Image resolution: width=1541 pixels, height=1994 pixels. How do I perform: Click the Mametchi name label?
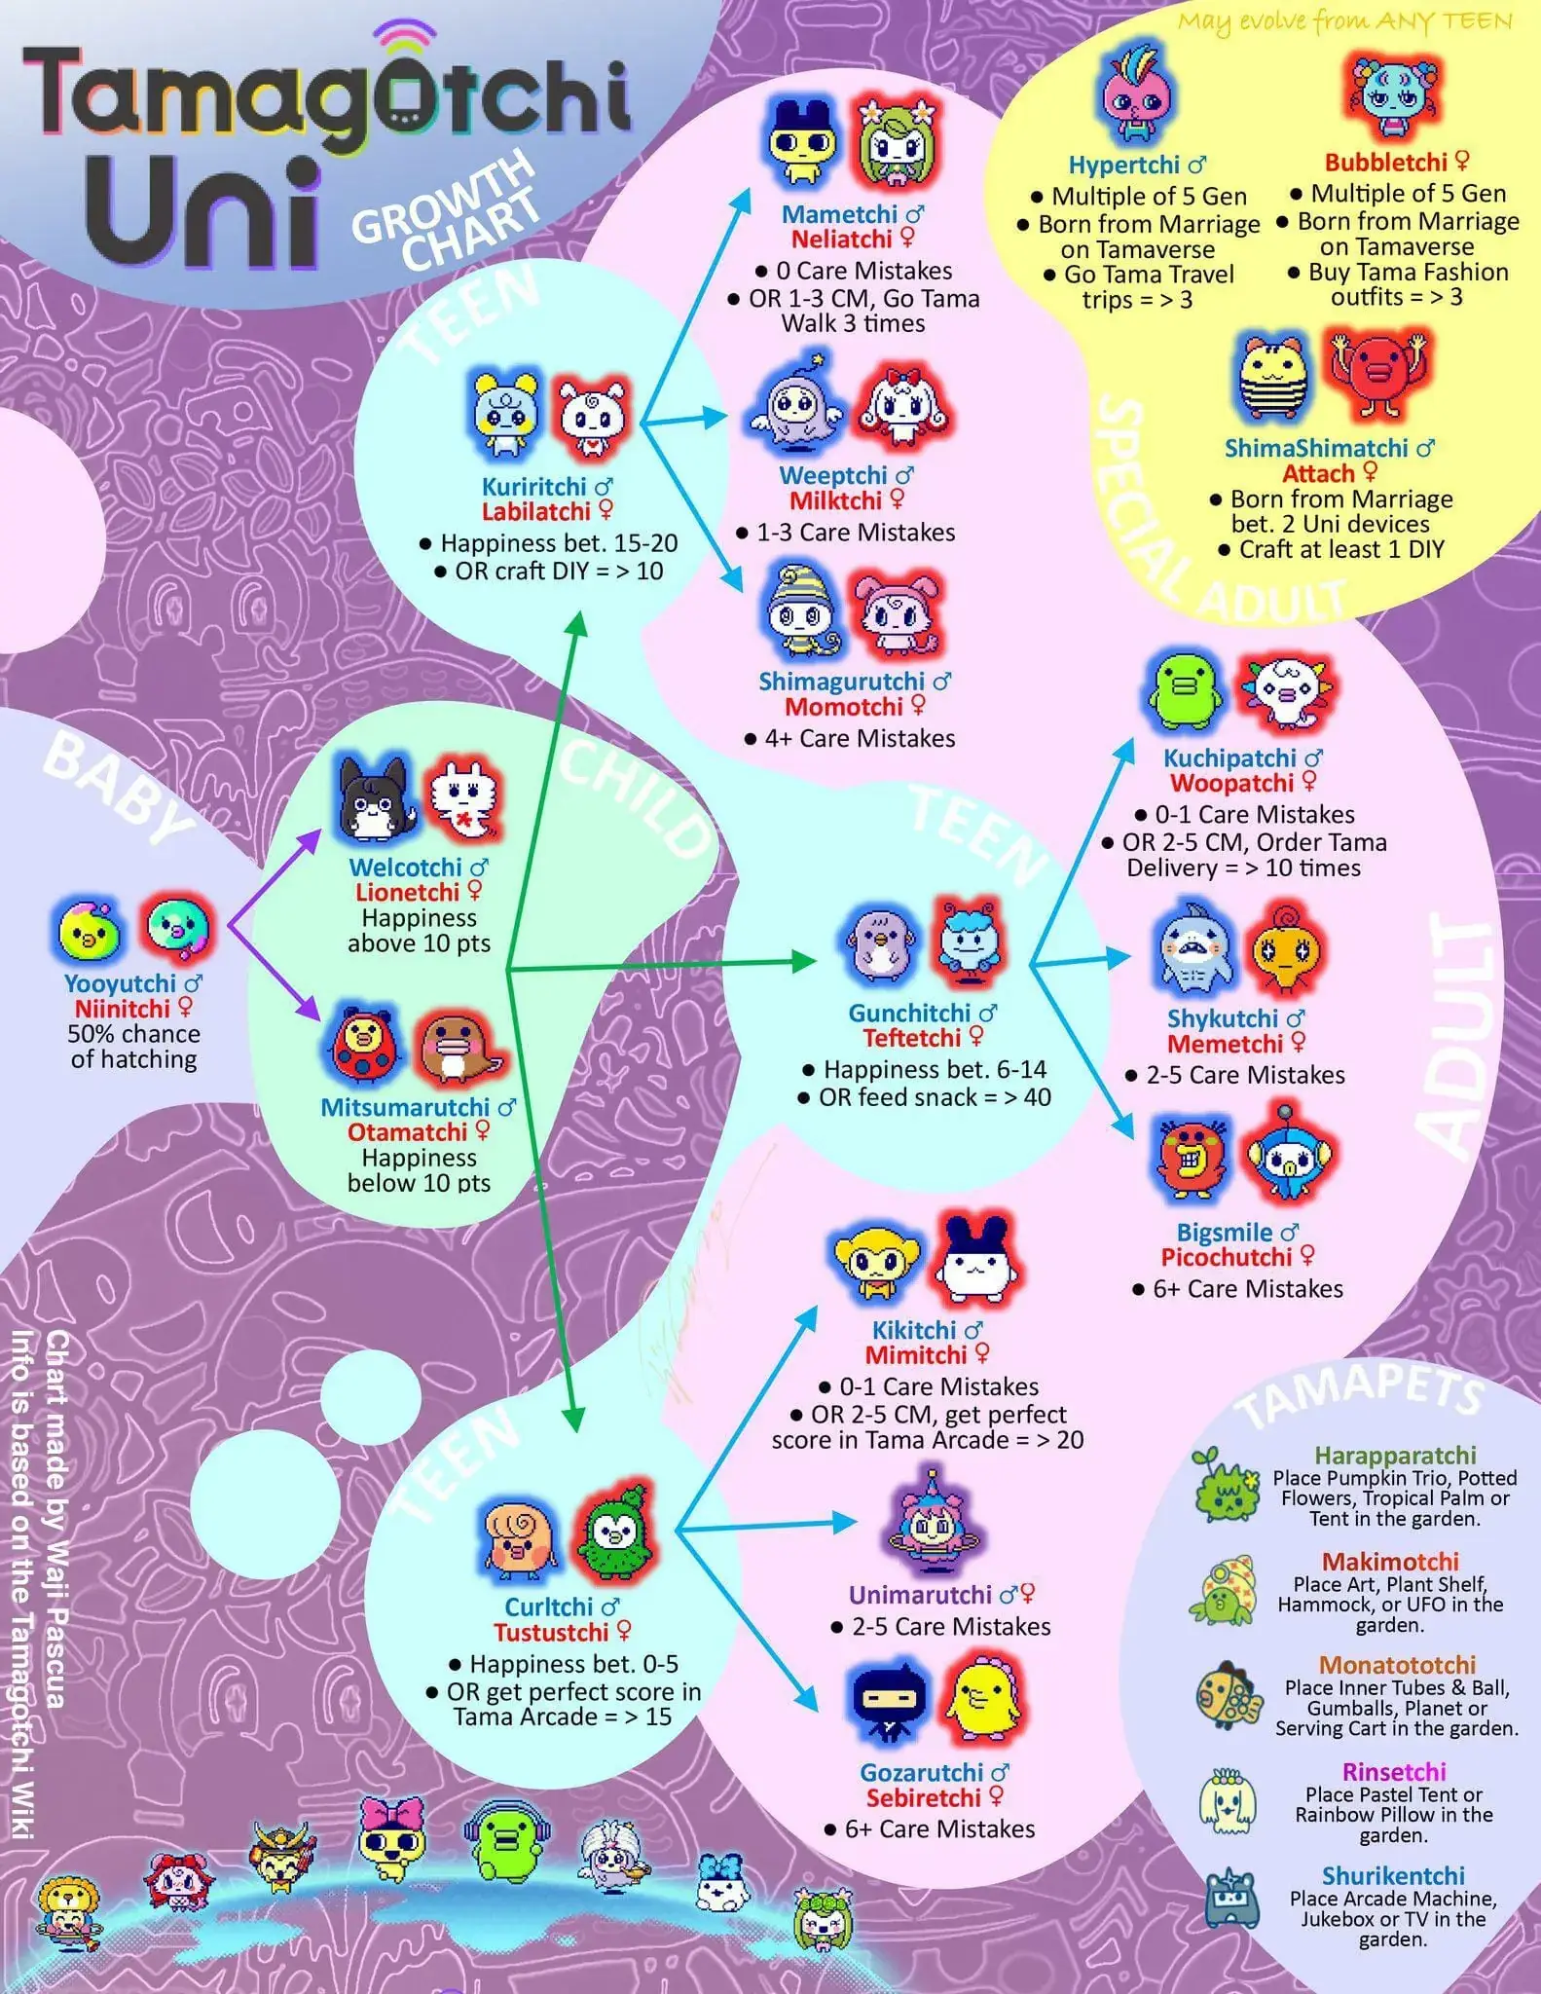pyautogui.click(x=840, y=214)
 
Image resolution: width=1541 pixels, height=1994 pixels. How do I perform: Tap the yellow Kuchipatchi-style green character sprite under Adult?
pyautogui.click(x=1183, y=691)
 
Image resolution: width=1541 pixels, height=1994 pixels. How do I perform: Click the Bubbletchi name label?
pyautogui.click(x=1385, y=162)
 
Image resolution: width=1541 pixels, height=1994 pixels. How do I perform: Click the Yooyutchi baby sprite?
pyautogui.click(x=89, y=930)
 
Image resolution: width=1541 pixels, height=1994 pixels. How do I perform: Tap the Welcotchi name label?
pyautogui.click(x=405, y=867)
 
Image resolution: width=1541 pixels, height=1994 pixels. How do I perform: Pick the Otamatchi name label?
pyautogui.click(x=407, y=1132)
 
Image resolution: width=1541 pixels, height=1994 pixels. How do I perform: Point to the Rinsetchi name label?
pyautogui.click(x=1393, y=1771)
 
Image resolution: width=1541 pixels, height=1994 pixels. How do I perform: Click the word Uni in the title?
pyautogui.click(x=206, y=213)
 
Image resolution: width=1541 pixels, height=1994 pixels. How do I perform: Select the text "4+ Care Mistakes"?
pyautogui.click(x=860, y=738)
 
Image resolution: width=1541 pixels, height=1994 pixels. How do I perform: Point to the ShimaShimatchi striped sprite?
pyautogui.click(x=1276, y=376)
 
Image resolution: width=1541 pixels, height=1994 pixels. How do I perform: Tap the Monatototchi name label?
pyautogui.click(x=1397, y=1664)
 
